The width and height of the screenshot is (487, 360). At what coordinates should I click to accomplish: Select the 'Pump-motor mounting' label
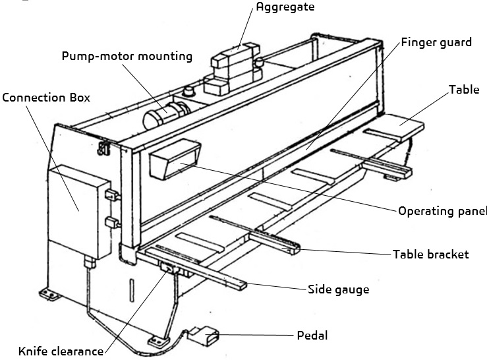point(127,56)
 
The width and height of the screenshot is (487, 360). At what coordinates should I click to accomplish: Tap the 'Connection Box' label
point(45,97)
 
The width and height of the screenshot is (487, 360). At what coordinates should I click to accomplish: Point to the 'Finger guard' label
point(437,42)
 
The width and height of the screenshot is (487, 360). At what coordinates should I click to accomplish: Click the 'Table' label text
point(464,90)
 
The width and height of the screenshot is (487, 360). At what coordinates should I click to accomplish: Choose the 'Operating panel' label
point(442,212)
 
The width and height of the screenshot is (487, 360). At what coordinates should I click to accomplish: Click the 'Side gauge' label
point(338,289)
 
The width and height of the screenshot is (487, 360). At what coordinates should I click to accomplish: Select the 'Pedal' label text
point(311,336)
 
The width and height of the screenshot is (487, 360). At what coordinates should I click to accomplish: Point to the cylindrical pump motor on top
point(162,115)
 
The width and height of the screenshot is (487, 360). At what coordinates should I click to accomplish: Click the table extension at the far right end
point(401,125)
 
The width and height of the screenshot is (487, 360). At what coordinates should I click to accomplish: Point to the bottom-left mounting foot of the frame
point(49,293)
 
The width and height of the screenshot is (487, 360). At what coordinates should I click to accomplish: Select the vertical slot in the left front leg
point(132,290)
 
